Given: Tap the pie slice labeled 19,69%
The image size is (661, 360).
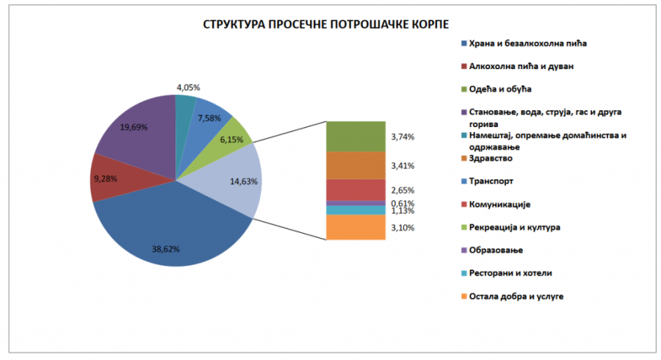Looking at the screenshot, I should point(136,132).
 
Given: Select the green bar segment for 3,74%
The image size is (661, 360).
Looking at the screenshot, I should point(355,136).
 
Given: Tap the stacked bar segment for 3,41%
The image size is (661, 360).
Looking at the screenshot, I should point(355,165).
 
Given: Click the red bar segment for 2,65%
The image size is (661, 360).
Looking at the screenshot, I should point(355,190).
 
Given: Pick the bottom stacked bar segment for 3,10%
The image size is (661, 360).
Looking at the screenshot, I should point(355,227).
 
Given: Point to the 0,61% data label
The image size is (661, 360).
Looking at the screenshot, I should point(402,204).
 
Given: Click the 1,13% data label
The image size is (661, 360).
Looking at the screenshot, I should point(402,211).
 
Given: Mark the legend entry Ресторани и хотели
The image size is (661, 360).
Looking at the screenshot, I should point(510,273).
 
